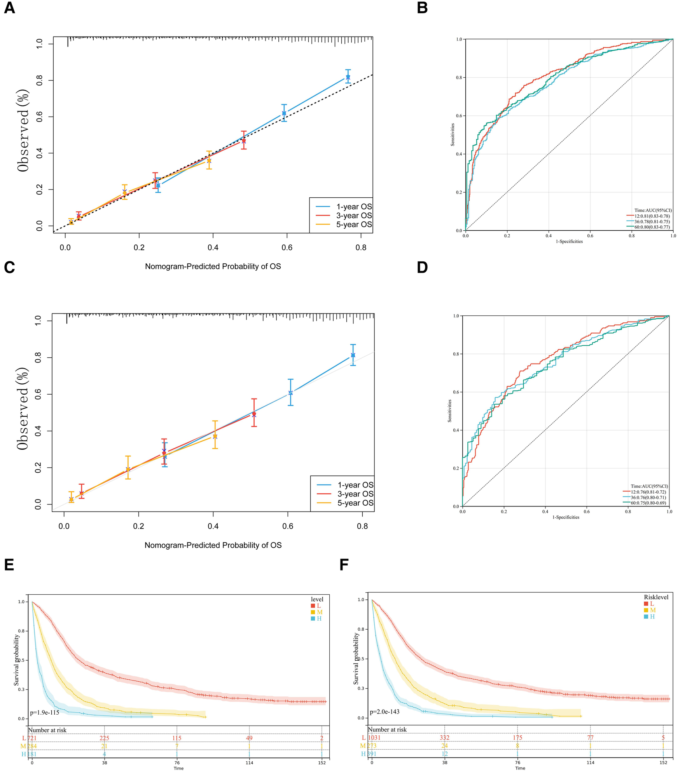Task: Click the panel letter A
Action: click(x=9, y=8)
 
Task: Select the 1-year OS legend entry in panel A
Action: click(x=354, y=207)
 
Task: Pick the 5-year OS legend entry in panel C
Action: click(x=355, y=503)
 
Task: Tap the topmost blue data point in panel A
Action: click(x=348, y=77)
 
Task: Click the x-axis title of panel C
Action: click(x=213, y=545)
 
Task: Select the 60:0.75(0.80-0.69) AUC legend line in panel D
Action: click(x=648, y=503)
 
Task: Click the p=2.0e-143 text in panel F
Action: click(x=384, y=712)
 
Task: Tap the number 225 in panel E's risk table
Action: click(x=104, y=738)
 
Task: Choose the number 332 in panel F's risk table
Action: click(x=444, y=737)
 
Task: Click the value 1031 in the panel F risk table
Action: click(x=374, y=737)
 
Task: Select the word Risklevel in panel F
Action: click(x=656, y=597)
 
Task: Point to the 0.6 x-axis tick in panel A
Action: click(x=287, y=247)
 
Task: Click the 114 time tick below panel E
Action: click(x=249, y=762)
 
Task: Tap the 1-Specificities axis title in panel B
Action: click(x=569, y=241)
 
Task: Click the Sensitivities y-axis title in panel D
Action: click(x=450, y=411)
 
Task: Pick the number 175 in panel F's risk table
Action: click(x=517, y=737)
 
